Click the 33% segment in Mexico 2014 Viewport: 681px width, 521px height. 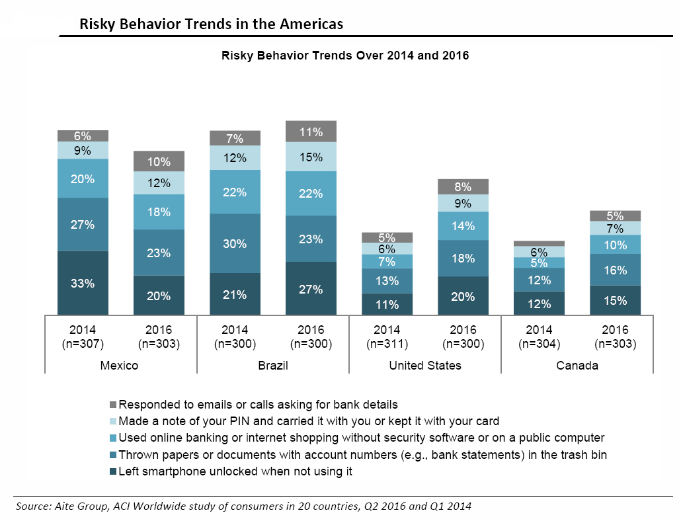pyautogui.click(x=83, y=283)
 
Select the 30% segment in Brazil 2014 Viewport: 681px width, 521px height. pyautogui.click(x=235, y=243)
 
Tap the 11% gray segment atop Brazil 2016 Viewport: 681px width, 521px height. pyautogui.click(x=311, y=132)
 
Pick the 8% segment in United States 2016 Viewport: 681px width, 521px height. pyautogui.click(x=463, y=186)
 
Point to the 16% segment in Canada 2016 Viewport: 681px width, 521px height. pyautogui.click(x=616, y=270)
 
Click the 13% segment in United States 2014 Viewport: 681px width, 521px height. pyautogui.click(x=387, y=281)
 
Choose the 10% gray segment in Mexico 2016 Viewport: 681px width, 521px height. pyautogui.click(x=159, y=161)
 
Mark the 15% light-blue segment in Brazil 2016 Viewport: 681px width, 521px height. pyautogui.click(x=311, y=157)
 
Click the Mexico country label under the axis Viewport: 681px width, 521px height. pyautogui.click(x=120, y=365)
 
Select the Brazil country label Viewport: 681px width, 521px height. pyautogui.click(x=272, y=365)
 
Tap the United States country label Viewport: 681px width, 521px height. pyautogui.click(x=425, y=365)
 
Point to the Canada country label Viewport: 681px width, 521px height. pyautogui.click(x=577, y=365)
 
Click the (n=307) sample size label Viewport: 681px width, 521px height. pyautogui.click(x=83, y=344)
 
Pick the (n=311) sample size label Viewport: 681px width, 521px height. pyautogui.click(x=387, y=344)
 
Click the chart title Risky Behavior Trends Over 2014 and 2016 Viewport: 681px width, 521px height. pyautogui.click(x=344, y=56)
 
